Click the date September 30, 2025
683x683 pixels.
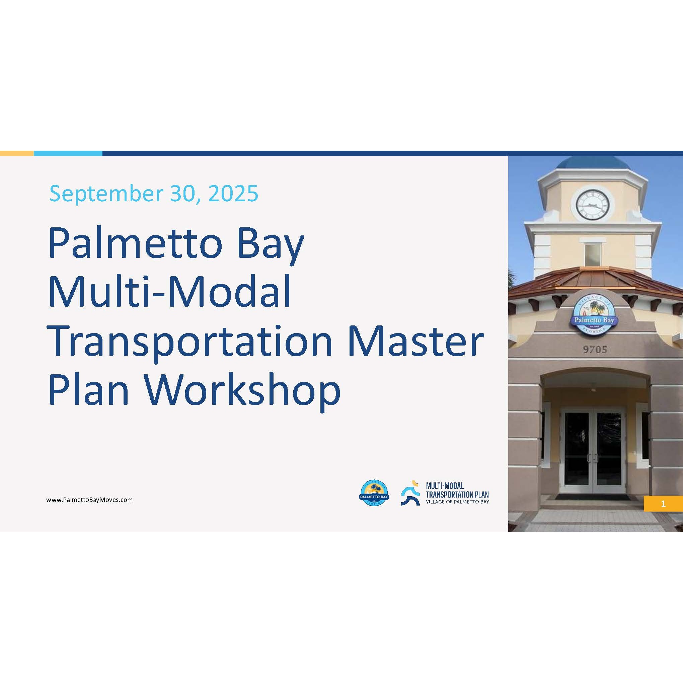point(154,194)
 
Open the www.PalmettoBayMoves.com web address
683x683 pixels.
point(89,500)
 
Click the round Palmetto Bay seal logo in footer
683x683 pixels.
point(374,493)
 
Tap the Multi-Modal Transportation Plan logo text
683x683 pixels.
point(457,493)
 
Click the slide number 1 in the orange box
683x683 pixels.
point(663,504)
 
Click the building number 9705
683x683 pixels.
point(595,350)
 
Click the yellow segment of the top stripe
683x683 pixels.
point(17,153)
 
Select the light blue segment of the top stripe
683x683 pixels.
point(68,153)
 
